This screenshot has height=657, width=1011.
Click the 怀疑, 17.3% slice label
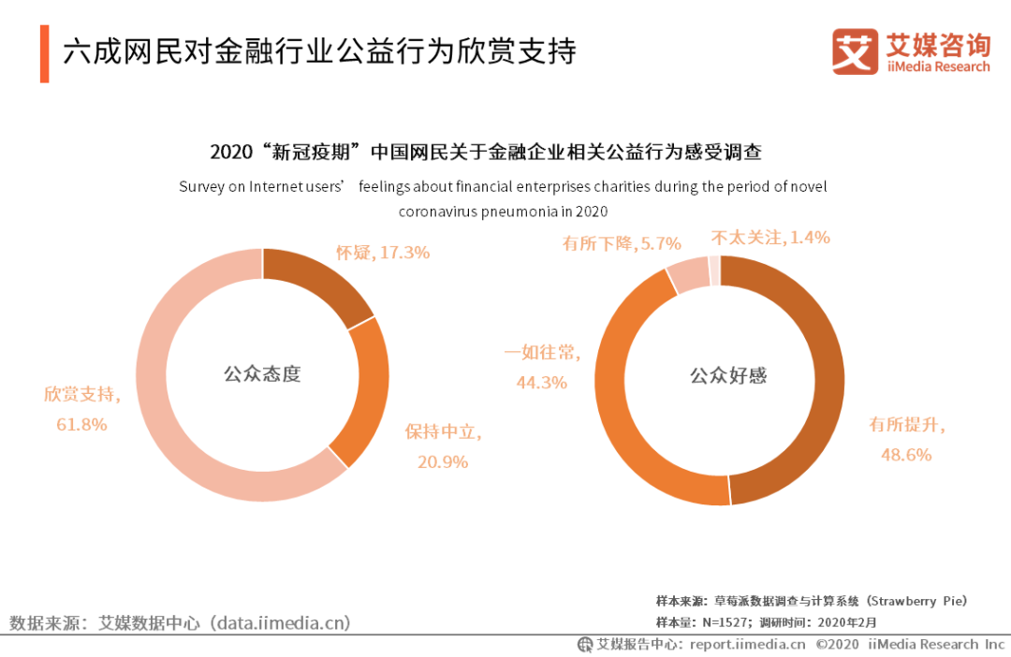(x=383, y=252)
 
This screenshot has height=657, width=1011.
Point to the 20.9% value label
(x=442, y=461)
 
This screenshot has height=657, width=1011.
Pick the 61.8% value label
(x=81, y=424)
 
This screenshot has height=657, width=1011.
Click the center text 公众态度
(x=262, y=374)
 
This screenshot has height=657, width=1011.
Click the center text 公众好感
(x=728, y=376)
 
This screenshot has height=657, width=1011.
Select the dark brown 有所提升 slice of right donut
(x=814, y=374)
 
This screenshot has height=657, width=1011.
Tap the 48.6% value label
(x=905, y=454)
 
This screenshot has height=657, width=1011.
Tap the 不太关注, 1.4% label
(x=770, y=238)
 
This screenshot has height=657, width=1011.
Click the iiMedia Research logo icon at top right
(x=855, y=51)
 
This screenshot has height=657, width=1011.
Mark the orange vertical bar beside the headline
(x=44, y=53)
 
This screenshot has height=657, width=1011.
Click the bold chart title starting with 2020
(x=491, y=152)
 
